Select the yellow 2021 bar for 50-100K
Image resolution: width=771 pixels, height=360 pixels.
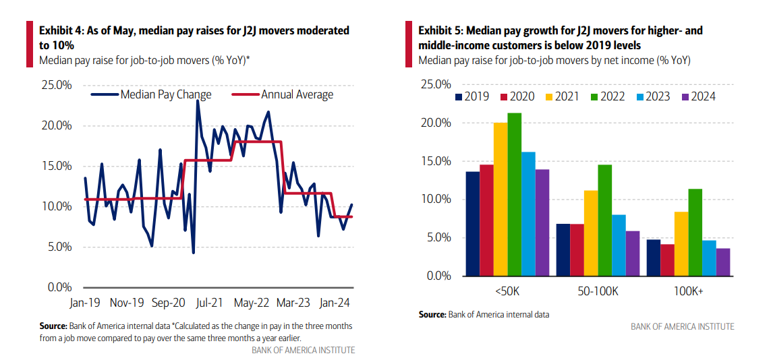[x=591, y=233]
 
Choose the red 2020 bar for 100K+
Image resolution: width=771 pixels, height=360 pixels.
[x=668, y=260]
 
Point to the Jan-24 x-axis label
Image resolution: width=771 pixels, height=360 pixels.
[x=335, y=303]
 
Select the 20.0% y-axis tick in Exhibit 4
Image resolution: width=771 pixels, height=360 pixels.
[x=57, y=125]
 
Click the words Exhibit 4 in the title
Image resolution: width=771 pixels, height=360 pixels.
[x=61, y=30]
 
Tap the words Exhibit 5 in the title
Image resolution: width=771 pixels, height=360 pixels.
[x=440, y=30]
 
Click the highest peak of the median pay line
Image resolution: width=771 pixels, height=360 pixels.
[x=198, y=100]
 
